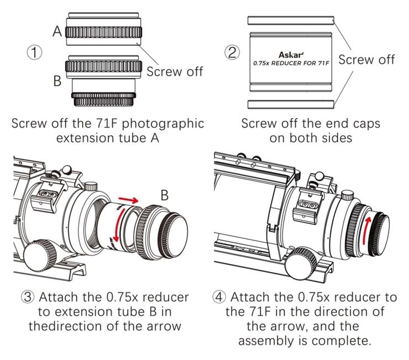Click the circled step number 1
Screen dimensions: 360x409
coord(35,53)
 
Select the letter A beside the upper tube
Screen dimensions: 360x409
coord(57,31)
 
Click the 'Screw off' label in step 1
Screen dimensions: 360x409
coord(175,71)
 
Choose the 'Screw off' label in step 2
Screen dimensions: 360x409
coord(366,60)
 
